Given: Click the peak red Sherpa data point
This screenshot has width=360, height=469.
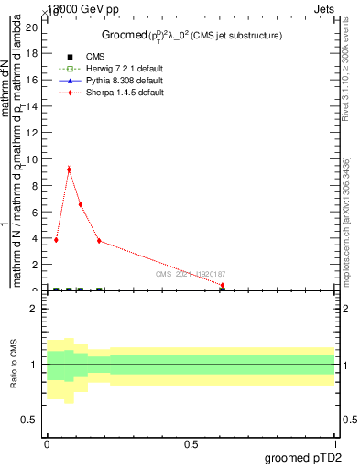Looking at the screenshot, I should (69, 169).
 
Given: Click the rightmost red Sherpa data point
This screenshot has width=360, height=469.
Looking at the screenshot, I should (223, 285).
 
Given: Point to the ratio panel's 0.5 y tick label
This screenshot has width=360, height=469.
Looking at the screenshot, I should (31, 420).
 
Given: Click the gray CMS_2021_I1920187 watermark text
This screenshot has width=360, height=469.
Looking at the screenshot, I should (189, 274).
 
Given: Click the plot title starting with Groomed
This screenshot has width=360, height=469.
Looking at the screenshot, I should (191, 35).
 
